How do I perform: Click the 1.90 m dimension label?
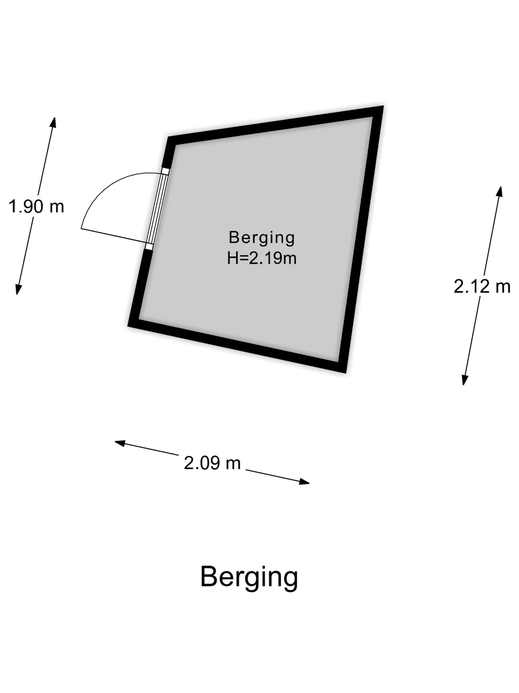click(36, 207)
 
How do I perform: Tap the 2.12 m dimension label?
click(482, 287)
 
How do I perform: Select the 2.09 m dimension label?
click(212, 463)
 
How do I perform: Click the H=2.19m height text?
click(262, 258)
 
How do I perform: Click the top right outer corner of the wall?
click(383, 106)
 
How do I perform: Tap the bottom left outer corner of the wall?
click(128, 326)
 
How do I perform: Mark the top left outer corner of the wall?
click(168, 137)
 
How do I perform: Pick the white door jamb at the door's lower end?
click(149, 247)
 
